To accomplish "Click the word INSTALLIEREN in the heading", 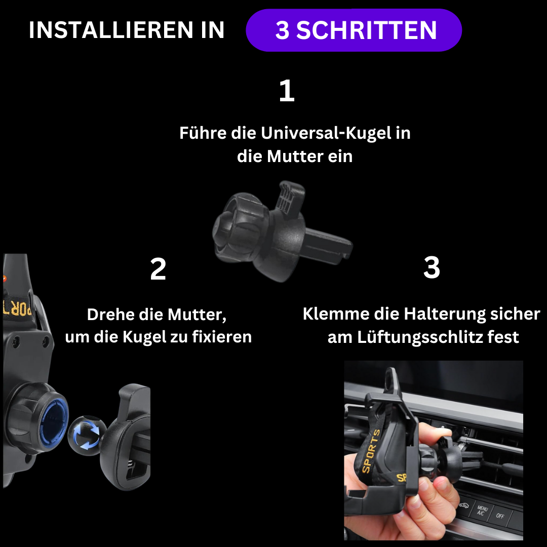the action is [111, 30].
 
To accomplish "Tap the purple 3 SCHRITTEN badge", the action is [354, 30].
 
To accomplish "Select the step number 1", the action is [287, 90].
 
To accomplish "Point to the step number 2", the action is [158, 269].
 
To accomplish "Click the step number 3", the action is [432, 267].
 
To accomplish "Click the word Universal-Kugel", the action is [326, 133].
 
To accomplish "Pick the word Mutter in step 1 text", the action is [295, 157].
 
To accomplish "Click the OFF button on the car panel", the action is [500, 516].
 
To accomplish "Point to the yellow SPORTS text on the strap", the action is [371, 451].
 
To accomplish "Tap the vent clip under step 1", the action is [283, 231].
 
